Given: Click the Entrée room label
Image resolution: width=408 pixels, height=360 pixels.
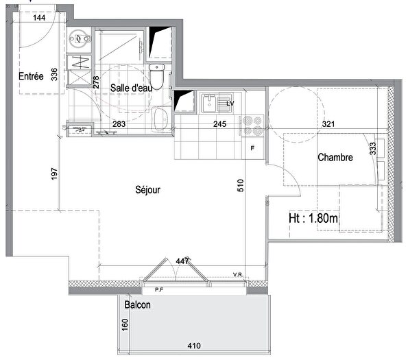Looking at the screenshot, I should (30, 77).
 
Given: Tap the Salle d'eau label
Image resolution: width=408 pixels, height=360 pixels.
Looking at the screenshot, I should (131, 87).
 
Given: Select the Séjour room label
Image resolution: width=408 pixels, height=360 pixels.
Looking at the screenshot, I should (147, 190).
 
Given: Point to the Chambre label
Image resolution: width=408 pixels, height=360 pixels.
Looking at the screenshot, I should (335, 158).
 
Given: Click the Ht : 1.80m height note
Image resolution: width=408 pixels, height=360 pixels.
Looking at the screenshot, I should (313, 219).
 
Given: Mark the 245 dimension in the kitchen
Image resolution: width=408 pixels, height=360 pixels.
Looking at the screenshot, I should (219, 125).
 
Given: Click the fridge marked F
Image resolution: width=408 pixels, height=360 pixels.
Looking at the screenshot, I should (252, 148).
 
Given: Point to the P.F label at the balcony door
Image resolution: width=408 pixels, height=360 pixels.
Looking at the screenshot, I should (158, 290).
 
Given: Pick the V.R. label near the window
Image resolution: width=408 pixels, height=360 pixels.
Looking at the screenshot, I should (238, 275).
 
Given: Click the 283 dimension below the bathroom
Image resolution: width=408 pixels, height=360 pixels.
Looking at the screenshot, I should (119, 125).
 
